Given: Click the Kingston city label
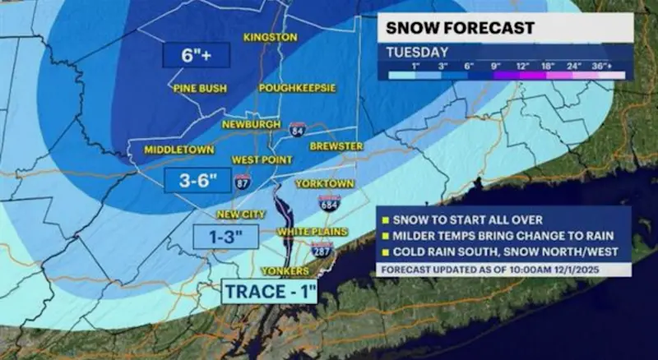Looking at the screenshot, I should pos(271,38).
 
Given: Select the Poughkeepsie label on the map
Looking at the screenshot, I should pos(299,87).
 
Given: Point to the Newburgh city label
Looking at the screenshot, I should pos(250,125).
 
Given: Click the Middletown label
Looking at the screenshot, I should pos(179,150).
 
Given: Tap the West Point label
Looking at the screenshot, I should pos(257,159).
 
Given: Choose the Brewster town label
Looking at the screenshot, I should pos(336,145).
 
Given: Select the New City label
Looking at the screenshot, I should pos(241,215).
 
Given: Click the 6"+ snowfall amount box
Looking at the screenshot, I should pos(195,56).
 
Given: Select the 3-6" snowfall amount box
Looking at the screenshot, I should pos(197,180).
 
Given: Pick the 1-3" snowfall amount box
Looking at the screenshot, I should pos(226,237).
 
